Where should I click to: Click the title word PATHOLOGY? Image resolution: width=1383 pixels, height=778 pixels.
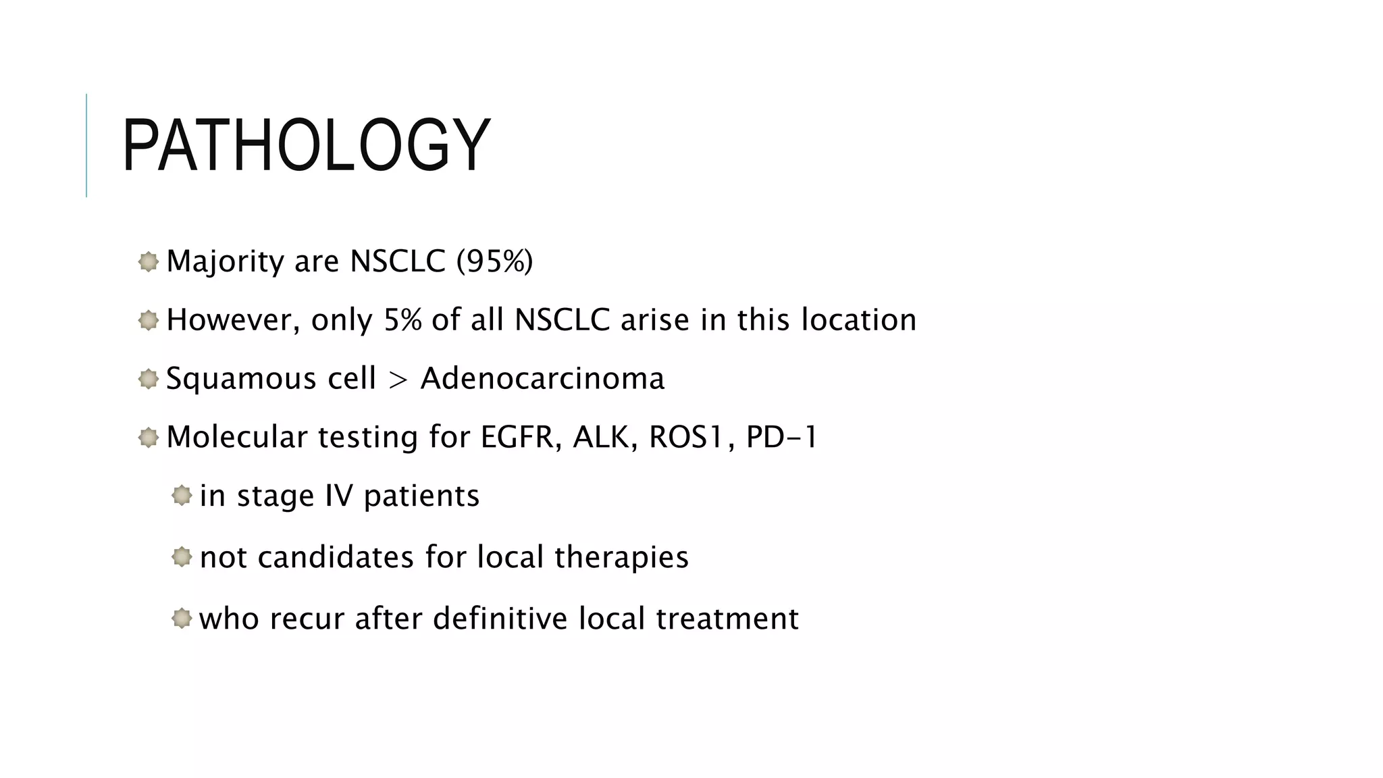pos(306,145)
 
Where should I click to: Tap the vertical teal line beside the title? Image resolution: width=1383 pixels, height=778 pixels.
pos(86,145)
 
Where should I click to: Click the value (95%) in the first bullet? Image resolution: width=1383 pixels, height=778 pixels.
pos(494,261)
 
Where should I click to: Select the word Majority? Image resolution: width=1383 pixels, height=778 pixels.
pos(225,261)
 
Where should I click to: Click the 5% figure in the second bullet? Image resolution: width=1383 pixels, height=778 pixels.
pos(402,320)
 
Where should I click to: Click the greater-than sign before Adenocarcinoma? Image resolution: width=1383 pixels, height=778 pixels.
pos(398,379)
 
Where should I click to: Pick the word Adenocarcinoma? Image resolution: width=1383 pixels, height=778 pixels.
pos(542,378)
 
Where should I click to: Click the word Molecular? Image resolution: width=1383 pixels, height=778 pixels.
pos(237,437)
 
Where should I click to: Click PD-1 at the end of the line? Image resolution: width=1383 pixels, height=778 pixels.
pos(781,437)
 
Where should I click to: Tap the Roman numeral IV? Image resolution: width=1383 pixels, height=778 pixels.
pos(339,496)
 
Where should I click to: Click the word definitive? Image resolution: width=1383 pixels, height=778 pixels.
pos(500,619)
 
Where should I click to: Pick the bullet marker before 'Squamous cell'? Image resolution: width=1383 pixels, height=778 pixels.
pos(148,379)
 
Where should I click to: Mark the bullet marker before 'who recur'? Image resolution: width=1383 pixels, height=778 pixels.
pos(182,618)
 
